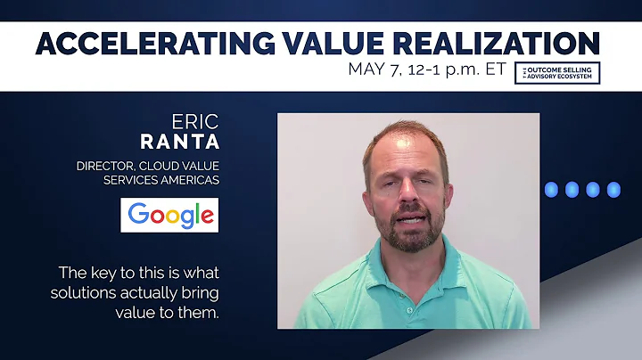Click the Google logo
[x=169, y=215]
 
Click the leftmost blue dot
[x=550, y=189]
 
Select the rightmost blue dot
[x=613, y=189]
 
